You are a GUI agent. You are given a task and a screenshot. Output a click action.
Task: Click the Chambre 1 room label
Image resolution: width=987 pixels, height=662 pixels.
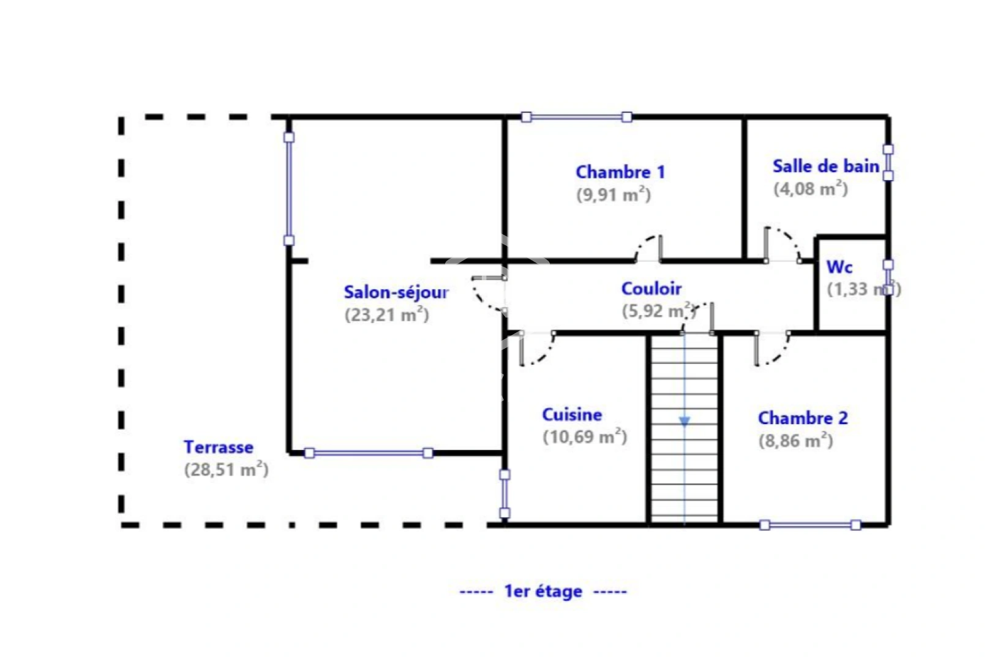[620, 172]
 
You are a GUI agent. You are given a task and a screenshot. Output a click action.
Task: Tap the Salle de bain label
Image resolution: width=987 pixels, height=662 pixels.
[825, 166]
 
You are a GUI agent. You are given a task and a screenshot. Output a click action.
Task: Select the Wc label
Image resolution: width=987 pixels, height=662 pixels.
[839, 267]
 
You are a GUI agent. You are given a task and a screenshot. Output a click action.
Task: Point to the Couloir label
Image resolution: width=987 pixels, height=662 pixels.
[651, 289]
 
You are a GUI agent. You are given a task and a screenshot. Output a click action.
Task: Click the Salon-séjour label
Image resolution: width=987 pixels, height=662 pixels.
[396, 292]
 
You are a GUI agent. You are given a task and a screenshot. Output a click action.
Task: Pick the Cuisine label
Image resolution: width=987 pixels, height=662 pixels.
[572, 415]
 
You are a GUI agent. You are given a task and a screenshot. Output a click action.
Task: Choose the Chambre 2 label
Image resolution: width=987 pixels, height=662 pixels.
[803, 418]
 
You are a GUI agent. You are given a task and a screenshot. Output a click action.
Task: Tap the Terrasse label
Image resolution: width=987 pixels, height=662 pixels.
[219, 447]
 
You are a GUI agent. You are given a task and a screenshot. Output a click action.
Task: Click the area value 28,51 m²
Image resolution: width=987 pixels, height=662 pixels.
[226, 470]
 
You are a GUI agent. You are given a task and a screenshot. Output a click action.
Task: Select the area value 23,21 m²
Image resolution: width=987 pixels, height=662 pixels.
[386, 314]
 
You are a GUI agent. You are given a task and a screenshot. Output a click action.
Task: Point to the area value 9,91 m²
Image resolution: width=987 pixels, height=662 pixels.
[613, 194]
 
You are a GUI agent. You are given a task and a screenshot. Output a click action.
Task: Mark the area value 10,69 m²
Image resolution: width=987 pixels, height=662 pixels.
[584, 436]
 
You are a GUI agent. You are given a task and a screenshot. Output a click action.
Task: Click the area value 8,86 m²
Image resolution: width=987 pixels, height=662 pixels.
[795, 440]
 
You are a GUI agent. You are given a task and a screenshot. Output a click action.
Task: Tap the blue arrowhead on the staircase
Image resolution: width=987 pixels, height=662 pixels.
[685, 422]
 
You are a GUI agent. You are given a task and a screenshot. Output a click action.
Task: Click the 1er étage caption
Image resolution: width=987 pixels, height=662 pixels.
[543, 592]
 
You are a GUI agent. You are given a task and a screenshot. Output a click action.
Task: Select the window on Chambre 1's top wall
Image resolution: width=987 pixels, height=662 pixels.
[576, 116]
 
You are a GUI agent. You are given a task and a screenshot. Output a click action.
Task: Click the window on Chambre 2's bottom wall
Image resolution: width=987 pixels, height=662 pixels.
[809, 525]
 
